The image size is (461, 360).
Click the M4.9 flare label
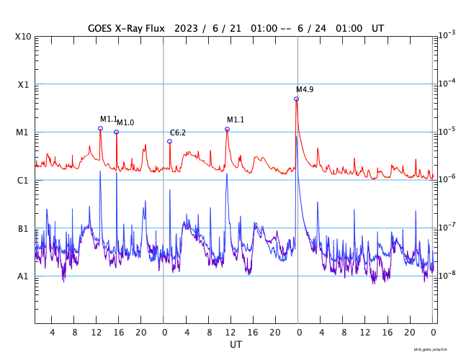(x=305, y=89)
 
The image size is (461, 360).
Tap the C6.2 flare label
(x=178, y=132)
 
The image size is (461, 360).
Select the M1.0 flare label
(x=125, y=123)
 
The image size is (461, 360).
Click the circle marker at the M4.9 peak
(x=296, y=99)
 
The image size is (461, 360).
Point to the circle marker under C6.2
(x=170, y=141)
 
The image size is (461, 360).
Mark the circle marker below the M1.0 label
(x=116, y=132)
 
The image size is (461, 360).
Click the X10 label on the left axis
(x=22, y=37)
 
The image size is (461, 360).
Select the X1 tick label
(x=22, y=84)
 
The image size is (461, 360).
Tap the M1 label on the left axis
(x=22, y=132)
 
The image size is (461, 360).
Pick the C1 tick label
(x=22, y=180)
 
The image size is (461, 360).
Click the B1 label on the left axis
(x=22, y=228)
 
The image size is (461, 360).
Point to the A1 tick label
(x=22, y=276)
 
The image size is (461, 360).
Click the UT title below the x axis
(x=236, y=345)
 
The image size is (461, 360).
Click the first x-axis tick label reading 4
(x=52, y=333)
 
